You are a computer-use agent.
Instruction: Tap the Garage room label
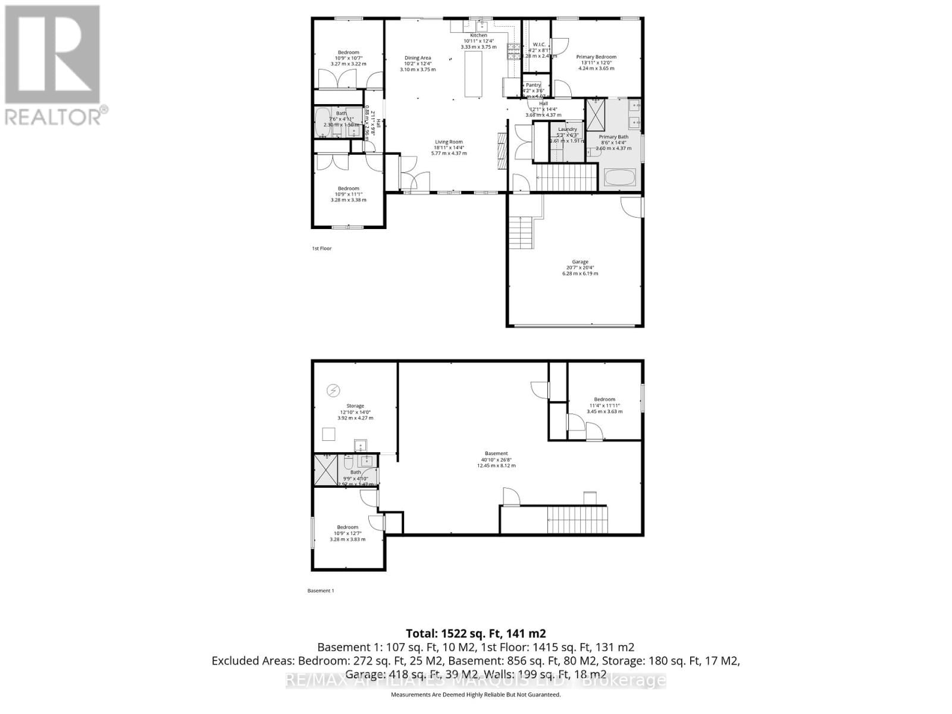pyautogui.click(x=580, y=267)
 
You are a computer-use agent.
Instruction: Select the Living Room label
pyautogui.click(x=449, y=147)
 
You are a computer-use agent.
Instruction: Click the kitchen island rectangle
pyautogui.click(x=474, y=74)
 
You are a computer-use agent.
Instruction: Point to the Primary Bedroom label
pyautogui.click(x=596, y=62)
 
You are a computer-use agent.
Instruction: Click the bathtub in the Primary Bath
pyautogui.click(x=619, y=177)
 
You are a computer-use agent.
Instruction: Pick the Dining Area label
pyautogui.click(x=417, y=63)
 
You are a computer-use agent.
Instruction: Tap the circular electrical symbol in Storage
pyautogui.click(x=333, y=390)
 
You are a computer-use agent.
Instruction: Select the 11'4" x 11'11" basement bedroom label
pyautogui.click(x=605, y=405)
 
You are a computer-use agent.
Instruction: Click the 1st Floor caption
pyautogui.click(x=322, y=248)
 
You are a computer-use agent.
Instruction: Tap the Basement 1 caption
pyautogui.click(x=321, y=591)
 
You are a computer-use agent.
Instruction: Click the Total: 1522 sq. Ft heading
pyautogui.click(x=475, y=633)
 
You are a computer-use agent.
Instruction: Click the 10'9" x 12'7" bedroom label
pyautogui.click(x=347, y=533)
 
